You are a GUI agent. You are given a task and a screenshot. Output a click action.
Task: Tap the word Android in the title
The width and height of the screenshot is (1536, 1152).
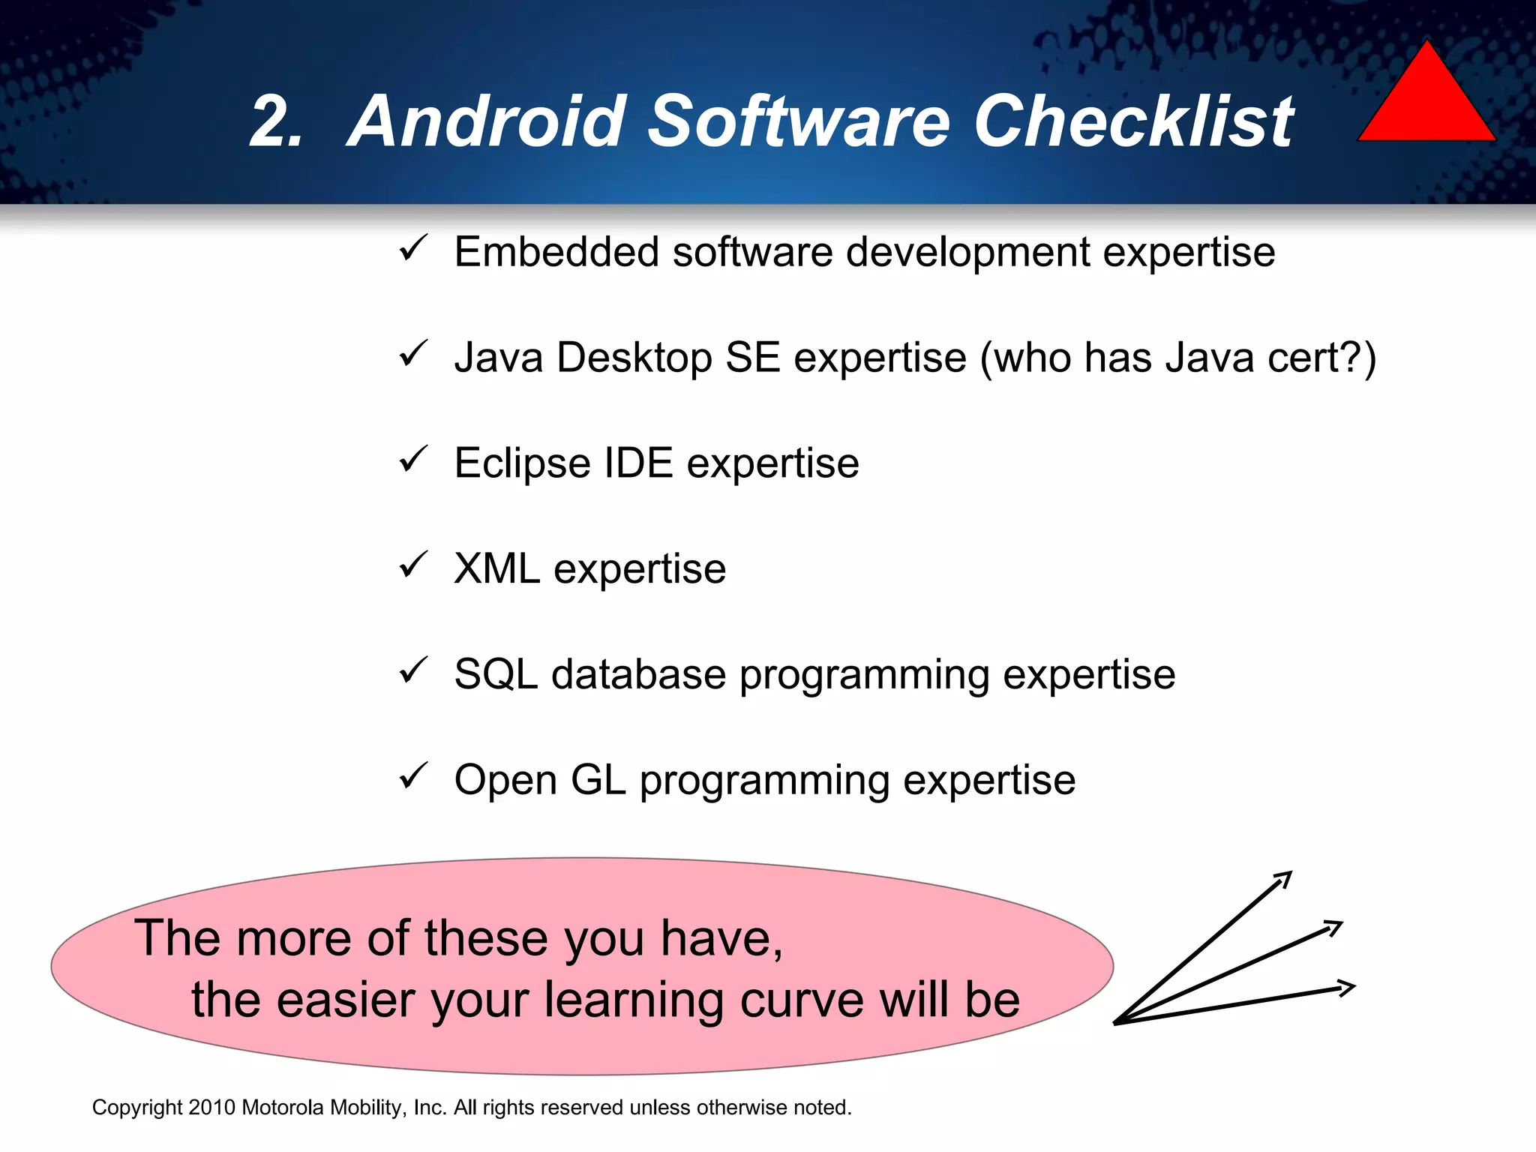pyautogui.click(x=487, y=121)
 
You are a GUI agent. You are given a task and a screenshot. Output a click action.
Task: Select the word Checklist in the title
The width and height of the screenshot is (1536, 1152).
pyautogui.click(x=1133, y=121)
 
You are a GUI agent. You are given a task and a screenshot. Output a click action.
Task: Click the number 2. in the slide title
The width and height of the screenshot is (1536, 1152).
pyautogui.click(x=277, y=121)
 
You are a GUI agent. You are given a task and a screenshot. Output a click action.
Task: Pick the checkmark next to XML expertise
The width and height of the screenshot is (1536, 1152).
pyautogui.click(x=413, y=565)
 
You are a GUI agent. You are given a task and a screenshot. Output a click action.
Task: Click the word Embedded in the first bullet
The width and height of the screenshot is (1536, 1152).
pyautogui.click(x=556, y=252)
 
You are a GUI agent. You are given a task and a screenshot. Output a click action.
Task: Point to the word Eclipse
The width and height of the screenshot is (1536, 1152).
pyautogui.click(x=522, y=463)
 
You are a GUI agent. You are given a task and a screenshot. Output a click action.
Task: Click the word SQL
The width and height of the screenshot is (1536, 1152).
pyautogui.click(x=496, y=674)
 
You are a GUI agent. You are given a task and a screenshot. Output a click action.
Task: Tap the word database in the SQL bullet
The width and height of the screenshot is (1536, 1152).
pyautogui.click(x=638, y=674)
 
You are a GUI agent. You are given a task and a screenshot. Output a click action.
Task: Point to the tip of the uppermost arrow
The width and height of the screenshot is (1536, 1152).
pyautogui.click(x=1291, y=872)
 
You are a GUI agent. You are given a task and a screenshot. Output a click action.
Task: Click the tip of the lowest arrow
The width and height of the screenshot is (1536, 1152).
pyautogui.click(x=1354, y=987)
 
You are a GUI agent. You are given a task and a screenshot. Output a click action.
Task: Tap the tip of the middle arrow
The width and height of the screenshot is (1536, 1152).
pyautogui.click(x=1341, y=923)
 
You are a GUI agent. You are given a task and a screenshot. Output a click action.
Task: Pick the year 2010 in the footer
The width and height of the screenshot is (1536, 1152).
pyautogui.click(x=212, y=1108)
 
